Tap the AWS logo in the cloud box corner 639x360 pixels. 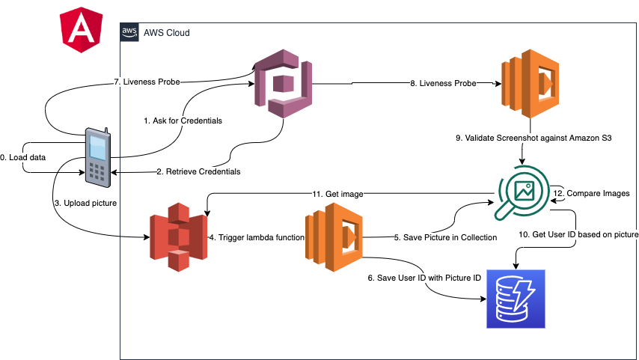pyautogui.click(x=129, y=32)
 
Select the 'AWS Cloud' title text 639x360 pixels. pyautogui.click(x=166, y=33)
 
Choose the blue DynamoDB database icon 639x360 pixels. pyautogui.click(x=516, y=298)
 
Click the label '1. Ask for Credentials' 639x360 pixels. pyautogui.click(x=183, y=120)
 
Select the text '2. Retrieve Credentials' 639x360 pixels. pyautogui.click(x=198, y=171)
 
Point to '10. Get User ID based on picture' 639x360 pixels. pyautogui.click(x=578, y=234)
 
